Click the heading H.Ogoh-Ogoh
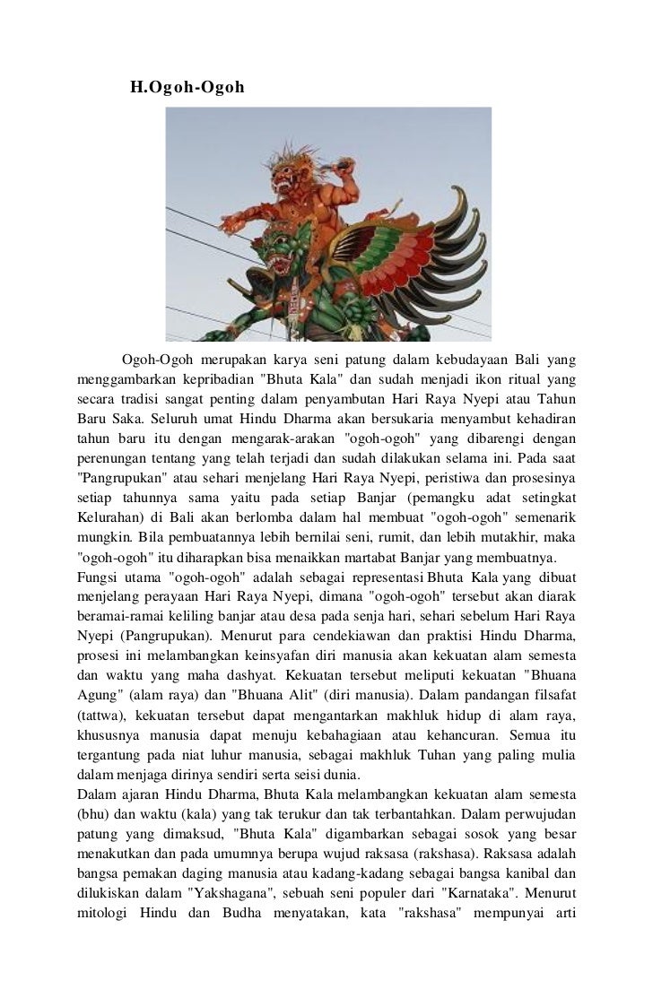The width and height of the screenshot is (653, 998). (187, 88)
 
